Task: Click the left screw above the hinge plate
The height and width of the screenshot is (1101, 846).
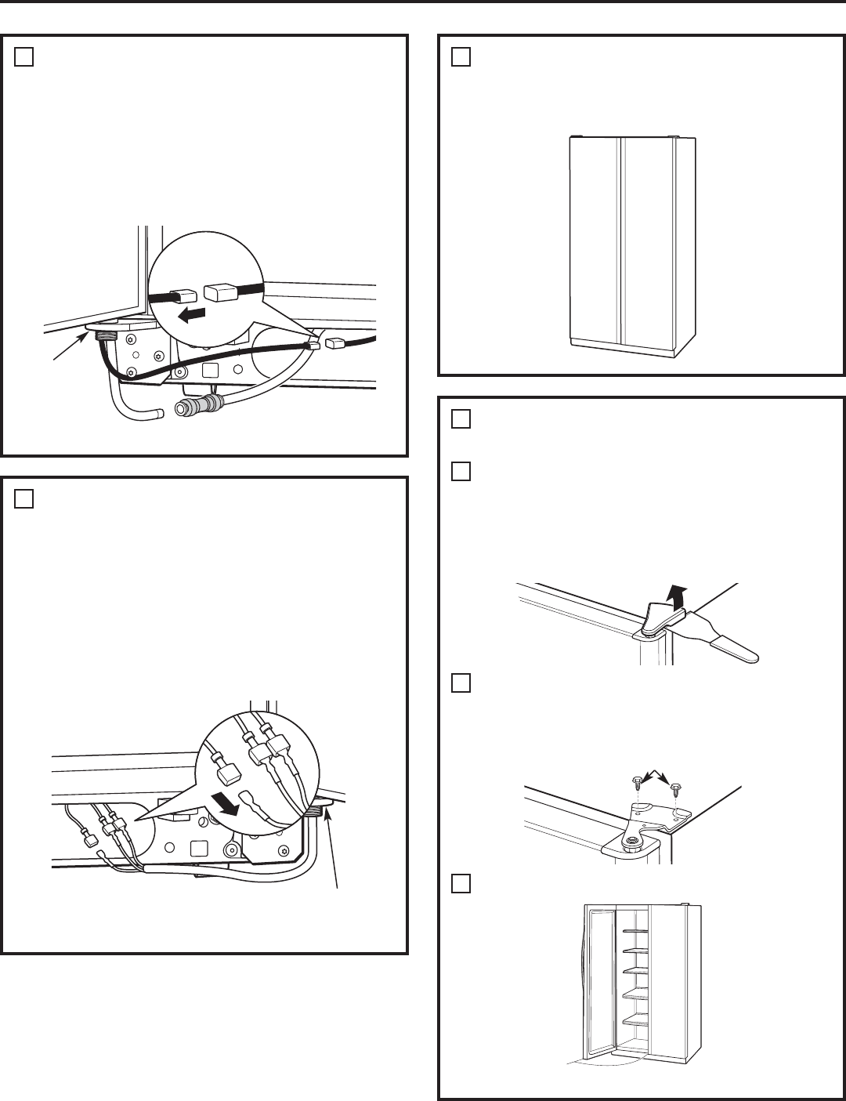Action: point(637,781)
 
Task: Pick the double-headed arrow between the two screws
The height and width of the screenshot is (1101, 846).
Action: point(656,776)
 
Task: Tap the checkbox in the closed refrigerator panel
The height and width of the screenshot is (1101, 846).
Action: point(461,57)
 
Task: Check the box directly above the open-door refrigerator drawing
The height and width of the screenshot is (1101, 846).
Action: point(461,884)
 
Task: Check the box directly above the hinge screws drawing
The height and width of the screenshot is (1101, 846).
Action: point(461,683)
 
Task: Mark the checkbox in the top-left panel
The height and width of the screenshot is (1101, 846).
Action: point(24,57)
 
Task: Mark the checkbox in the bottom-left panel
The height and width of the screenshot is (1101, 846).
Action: point(24,499)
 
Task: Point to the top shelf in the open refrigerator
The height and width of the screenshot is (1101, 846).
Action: point(635,931)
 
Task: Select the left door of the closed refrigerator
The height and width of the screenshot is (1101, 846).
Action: point(594,243)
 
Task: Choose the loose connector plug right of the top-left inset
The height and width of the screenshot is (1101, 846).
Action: point(335,342)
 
